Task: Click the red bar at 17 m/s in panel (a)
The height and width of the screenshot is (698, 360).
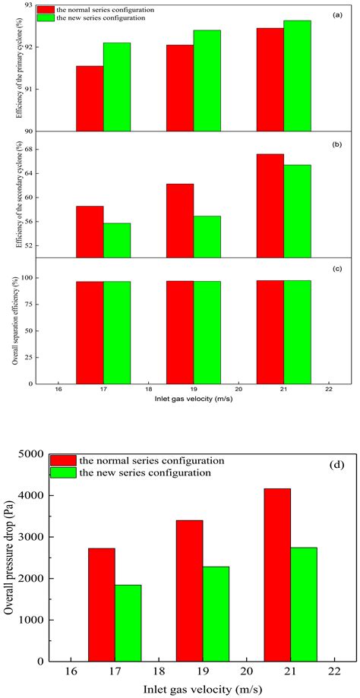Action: (x=90, y=99)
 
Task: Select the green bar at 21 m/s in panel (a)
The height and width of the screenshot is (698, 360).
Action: (x=297, y=76)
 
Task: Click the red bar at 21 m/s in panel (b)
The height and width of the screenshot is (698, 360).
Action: (x=270, y=206)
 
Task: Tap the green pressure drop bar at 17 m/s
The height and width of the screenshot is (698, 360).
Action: (x=128, y=623)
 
